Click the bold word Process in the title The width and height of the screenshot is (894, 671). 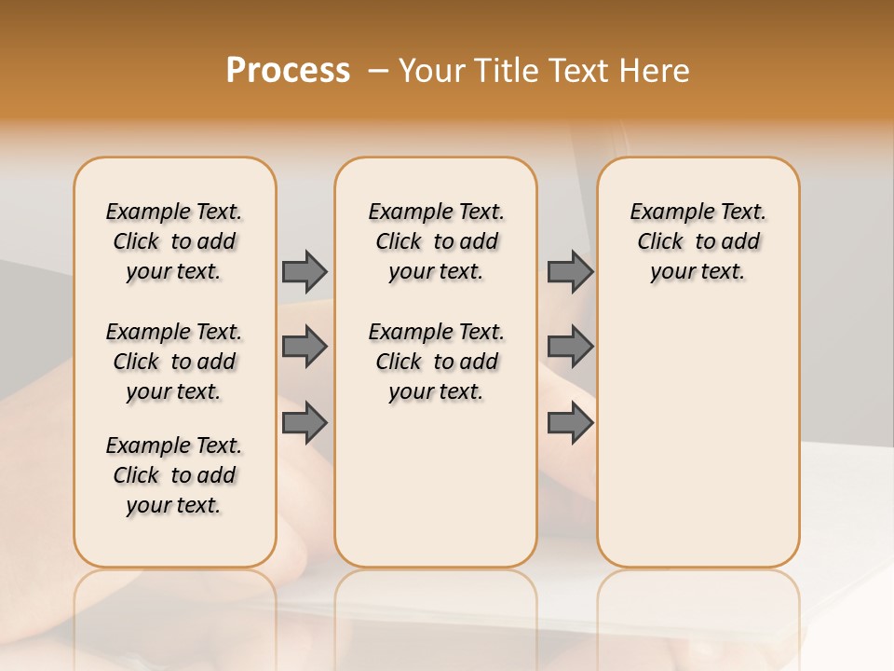click(x=288, y=71)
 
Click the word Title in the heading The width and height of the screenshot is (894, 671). click(x=510, y=71)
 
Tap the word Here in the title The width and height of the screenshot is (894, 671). click(x=656, y=71)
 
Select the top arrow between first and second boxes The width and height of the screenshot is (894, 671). click(x=305, y=271)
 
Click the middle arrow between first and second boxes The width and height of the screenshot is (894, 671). click(x=305, y=347)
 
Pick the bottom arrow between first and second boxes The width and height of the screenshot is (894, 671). click(x=305, y=423)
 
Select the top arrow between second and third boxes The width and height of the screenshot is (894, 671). click(x=570, y=271)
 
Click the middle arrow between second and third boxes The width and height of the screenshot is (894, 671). click(x=570, y=347)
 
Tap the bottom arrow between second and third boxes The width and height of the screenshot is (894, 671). click(x=570, y=423)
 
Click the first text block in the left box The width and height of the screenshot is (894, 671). click(x=174, y=241)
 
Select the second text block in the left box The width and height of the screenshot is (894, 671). click(x=174, y=362)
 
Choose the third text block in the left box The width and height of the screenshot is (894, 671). click(x=174, y=475)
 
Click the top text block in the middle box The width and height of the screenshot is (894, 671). click(x=437, y=241)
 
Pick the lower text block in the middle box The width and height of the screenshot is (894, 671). click(x=437, y=362)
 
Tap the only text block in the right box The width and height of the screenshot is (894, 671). click(x=698, y=241)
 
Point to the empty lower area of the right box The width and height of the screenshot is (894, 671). click(x=698, y=438)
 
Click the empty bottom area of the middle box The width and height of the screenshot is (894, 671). click(x=437, y=494)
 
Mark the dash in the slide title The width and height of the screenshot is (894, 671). click(x=377, y=71)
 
